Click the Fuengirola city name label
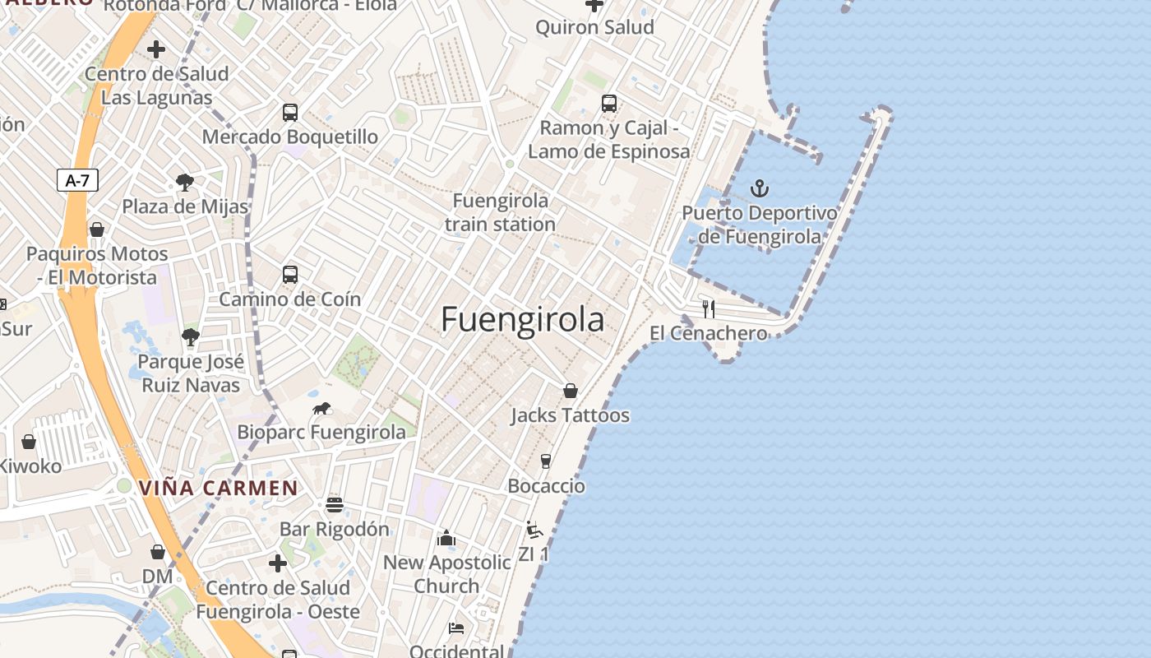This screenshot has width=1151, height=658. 523,320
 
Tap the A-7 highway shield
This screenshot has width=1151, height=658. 77,181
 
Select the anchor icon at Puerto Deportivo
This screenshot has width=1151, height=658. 760,189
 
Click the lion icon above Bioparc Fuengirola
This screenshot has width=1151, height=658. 321,409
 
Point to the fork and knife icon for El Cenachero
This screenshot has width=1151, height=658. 709,309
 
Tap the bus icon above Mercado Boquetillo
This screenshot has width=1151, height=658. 289,113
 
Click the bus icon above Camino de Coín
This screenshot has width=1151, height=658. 289,275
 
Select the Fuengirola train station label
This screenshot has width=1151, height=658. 501,212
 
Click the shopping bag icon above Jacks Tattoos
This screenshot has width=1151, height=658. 570,391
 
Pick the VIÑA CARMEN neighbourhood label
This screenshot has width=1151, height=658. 218,488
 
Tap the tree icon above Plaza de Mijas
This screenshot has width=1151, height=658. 185,183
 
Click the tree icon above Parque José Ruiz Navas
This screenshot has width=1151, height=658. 190,337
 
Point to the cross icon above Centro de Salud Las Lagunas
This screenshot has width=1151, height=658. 156,49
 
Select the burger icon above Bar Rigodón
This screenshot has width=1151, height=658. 334,504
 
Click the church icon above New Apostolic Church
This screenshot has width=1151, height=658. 446,538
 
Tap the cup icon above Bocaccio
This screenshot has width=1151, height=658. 545,461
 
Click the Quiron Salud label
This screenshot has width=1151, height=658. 594,27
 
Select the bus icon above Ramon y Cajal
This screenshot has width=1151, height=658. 608,104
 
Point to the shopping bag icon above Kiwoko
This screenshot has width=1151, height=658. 29,442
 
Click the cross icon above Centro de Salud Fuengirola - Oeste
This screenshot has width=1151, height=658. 278,563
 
